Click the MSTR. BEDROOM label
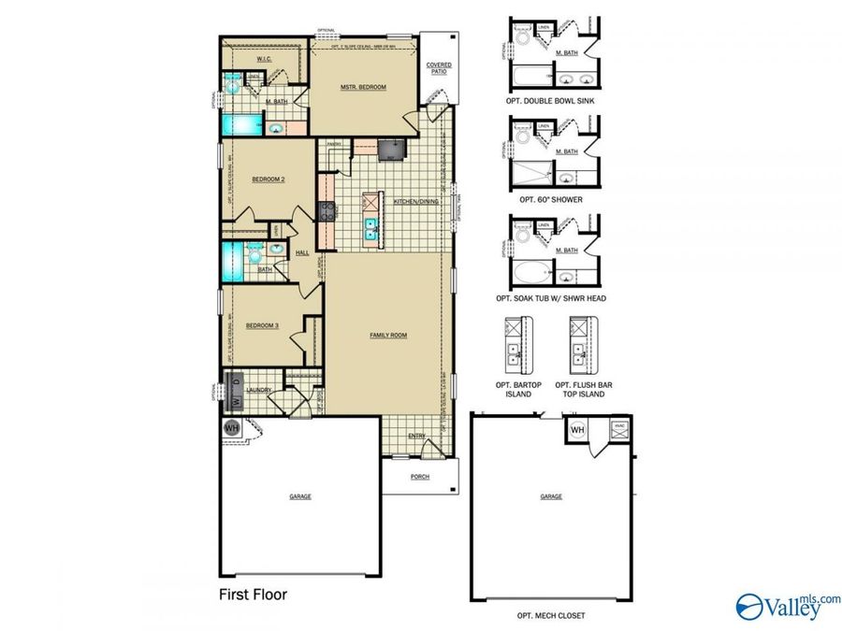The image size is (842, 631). point(364,87)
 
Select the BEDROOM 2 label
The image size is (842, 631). point(268,179)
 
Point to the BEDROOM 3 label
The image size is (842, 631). point(262,325)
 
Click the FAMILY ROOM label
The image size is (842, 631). point(388,335)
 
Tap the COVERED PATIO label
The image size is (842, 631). point(439,68)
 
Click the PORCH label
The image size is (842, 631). point(420,477)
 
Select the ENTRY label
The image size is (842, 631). point(416,436)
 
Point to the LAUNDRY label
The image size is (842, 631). point(260,390)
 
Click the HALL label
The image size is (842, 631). point(302,253)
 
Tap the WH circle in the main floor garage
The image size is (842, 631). point(232,427)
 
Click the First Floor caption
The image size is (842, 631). point(253,594)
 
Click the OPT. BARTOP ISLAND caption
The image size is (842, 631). point(514,389)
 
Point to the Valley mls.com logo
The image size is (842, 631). point(788,606)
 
